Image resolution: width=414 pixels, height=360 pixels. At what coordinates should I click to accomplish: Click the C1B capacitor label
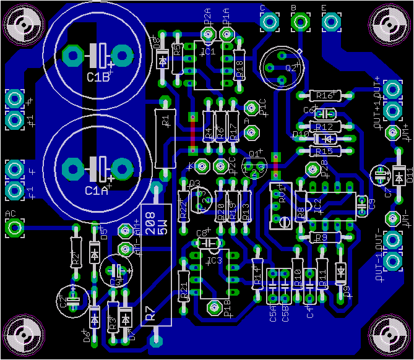pos(98,77)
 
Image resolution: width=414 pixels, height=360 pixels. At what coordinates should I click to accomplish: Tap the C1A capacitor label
pos(97,190)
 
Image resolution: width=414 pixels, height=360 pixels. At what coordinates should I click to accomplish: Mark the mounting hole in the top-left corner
pos(22,25)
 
